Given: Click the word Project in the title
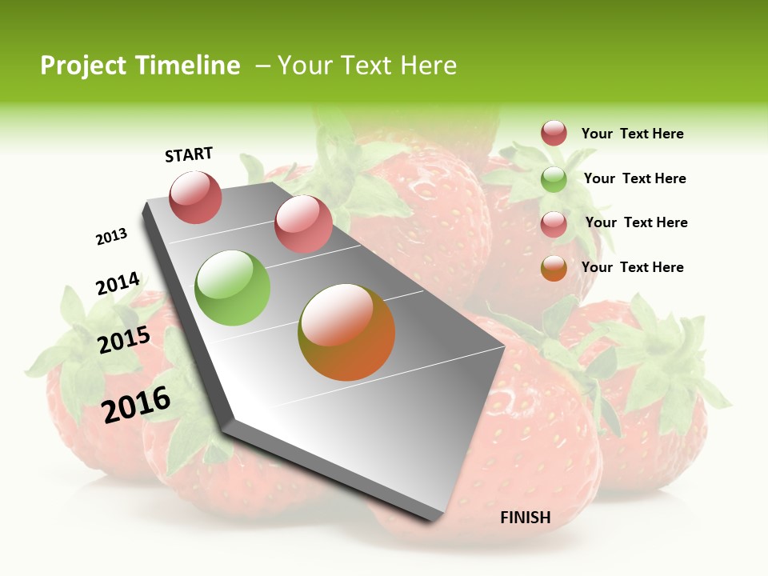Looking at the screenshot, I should (82, 66).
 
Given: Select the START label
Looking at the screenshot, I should (189, 154).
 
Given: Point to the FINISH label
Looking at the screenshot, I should (526, 518).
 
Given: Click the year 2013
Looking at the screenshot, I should (111, 237).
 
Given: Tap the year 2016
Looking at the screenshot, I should (136, 404).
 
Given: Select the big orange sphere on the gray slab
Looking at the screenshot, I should (346, 332).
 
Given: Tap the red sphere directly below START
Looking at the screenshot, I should (196, 197).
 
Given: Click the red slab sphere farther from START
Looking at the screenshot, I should (303, 223).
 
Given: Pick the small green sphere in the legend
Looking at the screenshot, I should (554, 179).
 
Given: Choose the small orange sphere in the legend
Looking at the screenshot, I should (554, 268).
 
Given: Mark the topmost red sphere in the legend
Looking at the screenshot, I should (554, 133).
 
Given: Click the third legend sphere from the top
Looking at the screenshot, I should (554, 224).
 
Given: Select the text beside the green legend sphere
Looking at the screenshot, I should (634, 178).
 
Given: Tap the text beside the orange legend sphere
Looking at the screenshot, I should (632, 267).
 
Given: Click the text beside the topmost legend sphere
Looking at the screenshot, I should (632, 134).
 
